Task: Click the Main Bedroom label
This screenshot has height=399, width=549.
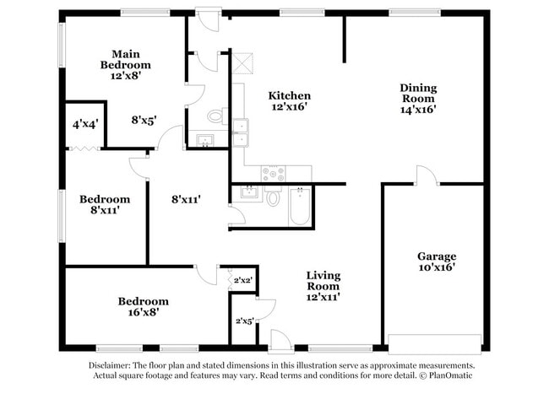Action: point(125,64)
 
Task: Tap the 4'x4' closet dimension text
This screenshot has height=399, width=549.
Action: point(84,124)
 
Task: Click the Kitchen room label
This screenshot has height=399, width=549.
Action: point(290,101)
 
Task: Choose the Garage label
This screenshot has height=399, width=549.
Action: point(437,262)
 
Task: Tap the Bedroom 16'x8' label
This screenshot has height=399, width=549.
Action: point(143,306)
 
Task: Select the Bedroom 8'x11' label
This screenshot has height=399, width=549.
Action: point(105,205)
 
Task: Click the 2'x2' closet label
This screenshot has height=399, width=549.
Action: point(242,280)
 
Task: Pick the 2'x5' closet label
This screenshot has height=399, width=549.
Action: point(243,321)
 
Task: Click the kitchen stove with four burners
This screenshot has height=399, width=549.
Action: point(273,174)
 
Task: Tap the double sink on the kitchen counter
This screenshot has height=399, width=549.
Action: point(240,133)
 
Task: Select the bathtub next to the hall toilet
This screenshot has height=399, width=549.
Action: point(301,206)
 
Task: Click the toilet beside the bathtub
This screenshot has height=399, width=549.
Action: point(273,199)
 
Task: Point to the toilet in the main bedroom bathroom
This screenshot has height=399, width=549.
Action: point(215,116)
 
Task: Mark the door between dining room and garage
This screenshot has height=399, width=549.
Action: point(426,176)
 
